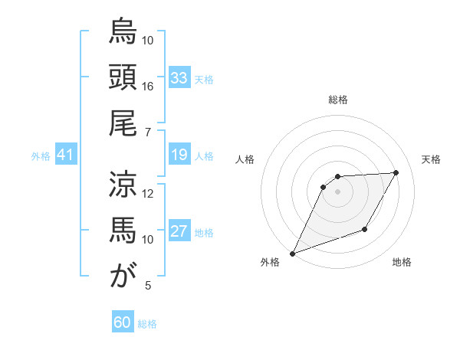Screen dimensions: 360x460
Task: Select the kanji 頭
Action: (123, 77)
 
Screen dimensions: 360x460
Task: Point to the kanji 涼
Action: (123, 185)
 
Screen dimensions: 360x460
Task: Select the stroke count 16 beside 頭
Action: (148, 86)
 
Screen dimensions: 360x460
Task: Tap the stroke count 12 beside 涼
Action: (148, 193)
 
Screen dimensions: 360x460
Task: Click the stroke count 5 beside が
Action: (148, 286)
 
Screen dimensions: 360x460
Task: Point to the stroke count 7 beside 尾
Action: (148, 132)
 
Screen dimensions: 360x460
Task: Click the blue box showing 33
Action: (179, 78)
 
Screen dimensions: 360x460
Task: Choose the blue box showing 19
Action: (179, 155)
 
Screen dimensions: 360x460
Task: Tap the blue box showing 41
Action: (65, 155)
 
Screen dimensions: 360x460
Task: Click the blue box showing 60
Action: (123, 323)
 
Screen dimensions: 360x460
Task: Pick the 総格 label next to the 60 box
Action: (147, 324)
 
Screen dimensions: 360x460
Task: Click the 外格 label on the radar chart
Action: (270, 262)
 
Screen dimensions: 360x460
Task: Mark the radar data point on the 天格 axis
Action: (396, 173)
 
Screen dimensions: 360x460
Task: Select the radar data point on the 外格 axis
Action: (292, 253)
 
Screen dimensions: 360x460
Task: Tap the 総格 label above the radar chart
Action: (337, 100)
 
